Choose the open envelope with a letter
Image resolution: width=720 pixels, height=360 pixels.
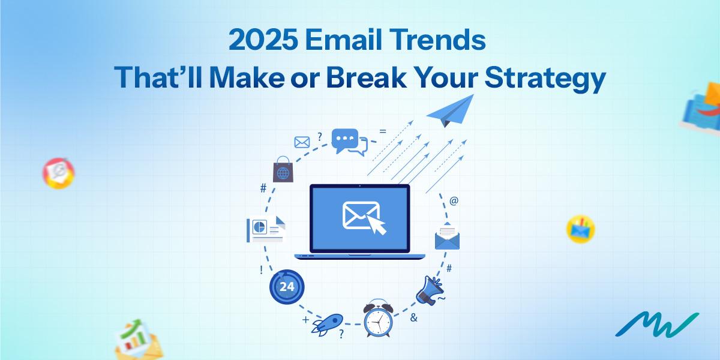(447, 236)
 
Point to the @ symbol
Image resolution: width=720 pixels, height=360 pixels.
(454, 201)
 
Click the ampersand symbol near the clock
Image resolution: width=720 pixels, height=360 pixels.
(413, 318)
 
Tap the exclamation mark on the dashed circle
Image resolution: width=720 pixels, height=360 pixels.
(262, 269)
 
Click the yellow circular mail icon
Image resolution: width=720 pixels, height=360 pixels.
(580, 229)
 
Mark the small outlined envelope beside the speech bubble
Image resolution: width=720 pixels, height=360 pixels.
(301, 142)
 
